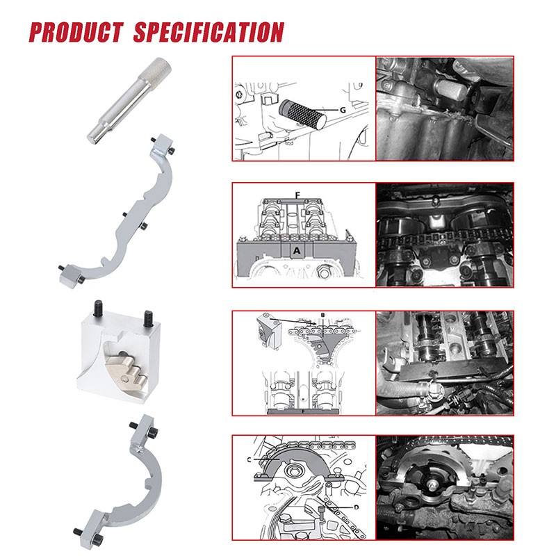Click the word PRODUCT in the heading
(76, 32)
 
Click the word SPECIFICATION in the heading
(209, 32)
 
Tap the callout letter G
(343, 110)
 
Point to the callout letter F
(297, 195)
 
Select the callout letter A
(297, 251)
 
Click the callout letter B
(322, 315)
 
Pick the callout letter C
(249, 459)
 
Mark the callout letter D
(357, 507)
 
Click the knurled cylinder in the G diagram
(302, 114)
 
